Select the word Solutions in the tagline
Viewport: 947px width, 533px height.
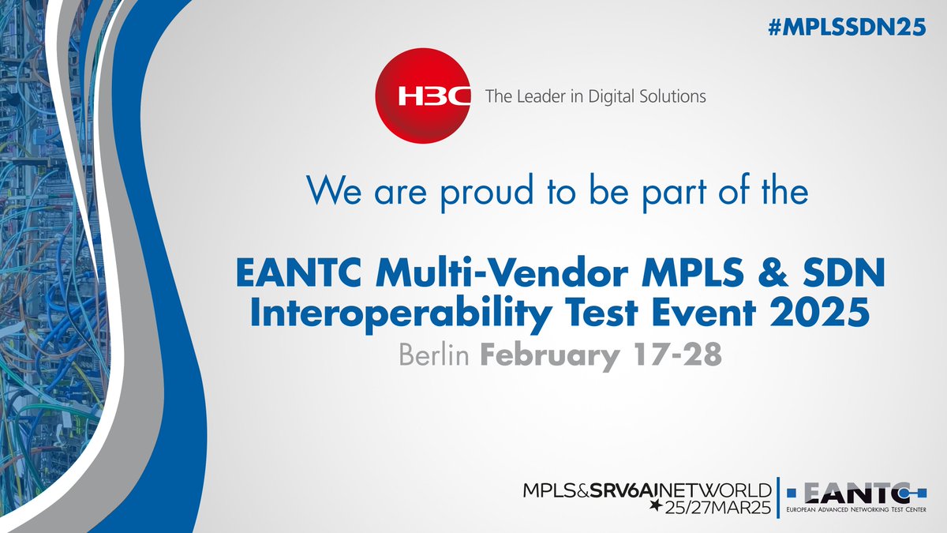pos(671,97)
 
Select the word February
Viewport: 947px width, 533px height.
pos(546,355)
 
